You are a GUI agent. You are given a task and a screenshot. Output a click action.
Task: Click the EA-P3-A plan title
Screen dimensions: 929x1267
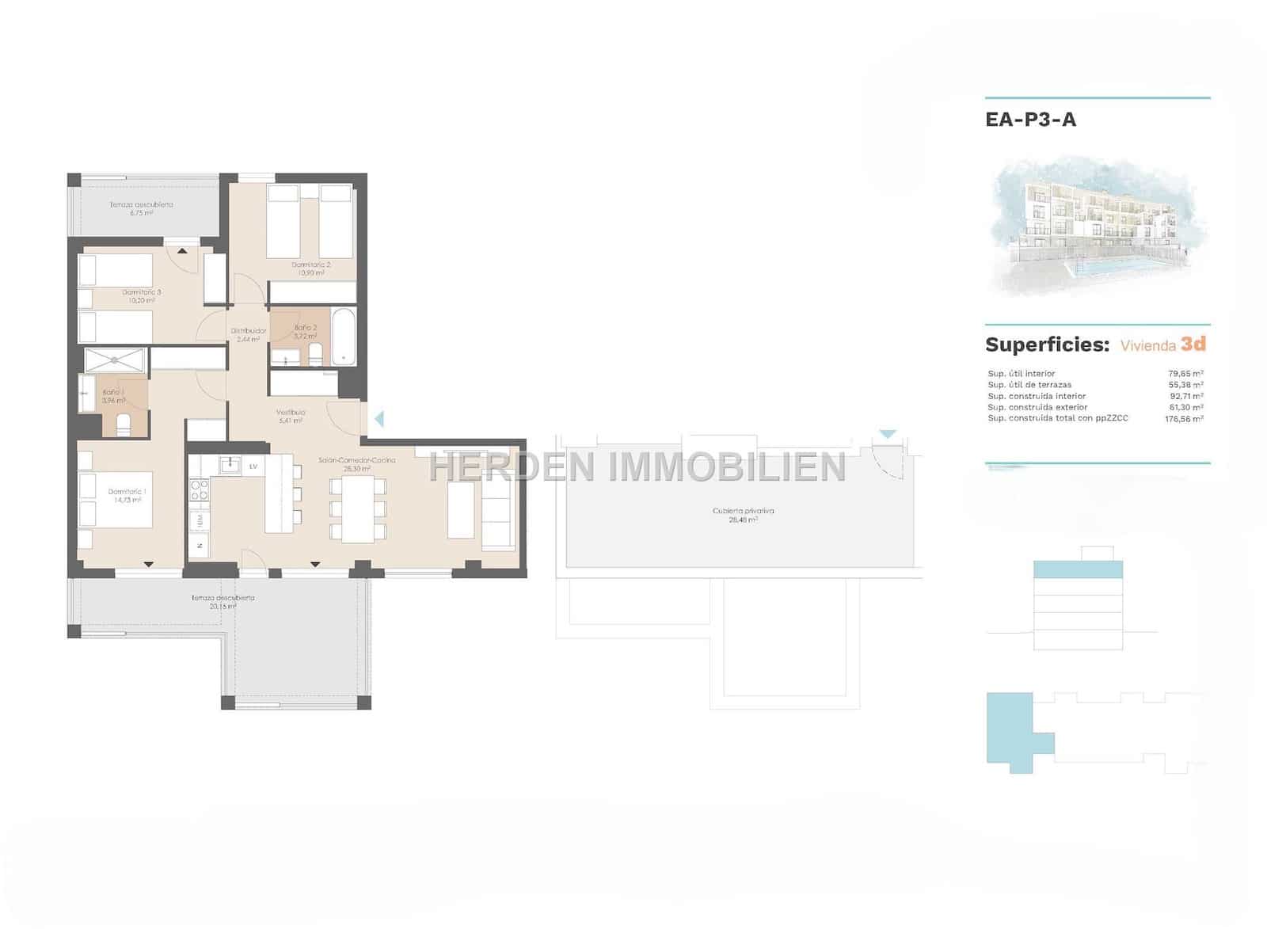pos(1030,120)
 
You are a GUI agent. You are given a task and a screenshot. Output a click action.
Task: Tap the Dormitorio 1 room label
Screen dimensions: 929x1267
pos(127,492)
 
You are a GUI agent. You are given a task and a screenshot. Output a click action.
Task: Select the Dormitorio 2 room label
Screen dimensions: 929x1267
pos(310,265)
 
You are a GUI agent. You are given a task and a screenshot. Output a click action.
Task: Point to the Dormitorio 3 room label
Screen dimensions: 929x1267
pos(142,292)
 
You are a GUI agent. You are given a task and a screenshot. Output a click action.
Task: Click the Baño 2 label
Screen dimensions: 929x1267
pos(306,328)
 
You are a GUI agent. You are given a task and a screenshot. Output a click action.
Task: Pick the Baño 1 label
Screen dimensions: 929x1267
pos(113,392)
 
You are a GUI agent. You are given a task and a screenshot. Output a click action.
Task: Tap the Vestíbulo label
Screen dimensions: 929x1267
pos(291,413)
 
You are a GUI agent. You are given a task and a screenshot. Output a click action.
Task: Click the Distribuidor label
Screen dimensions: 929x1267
pos(249,330)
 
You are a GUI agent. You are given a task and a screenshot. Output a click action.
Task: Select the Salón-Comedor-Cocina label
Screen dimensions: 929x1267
pos(356,460)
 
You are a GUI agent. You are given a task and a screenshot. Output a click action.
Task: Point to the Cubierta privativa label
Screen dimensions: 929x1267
pos(743,511)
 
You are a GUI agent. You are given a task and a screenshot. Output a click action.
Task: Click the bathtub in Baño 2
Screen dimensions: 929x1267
pos(344,336)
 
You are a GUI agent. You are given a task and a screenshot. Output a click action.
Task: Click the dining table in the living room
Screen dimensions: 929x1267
pos(358,509)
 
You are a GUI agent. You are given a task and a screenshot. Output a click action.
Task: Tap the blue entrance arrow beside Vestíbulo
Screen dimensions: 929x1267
pos(379,418)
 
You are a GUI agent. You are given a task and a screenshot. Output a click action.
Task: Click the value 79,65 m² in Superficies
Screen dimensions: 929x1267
pos(1185,374)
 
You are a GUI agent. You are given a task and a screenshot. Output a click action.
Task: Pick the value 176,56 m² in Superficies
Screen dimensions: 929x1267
pos(1184,418)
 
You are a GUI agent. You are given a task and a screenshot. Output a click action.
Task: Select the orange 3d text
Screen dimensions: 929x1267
pos(1193,345)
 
